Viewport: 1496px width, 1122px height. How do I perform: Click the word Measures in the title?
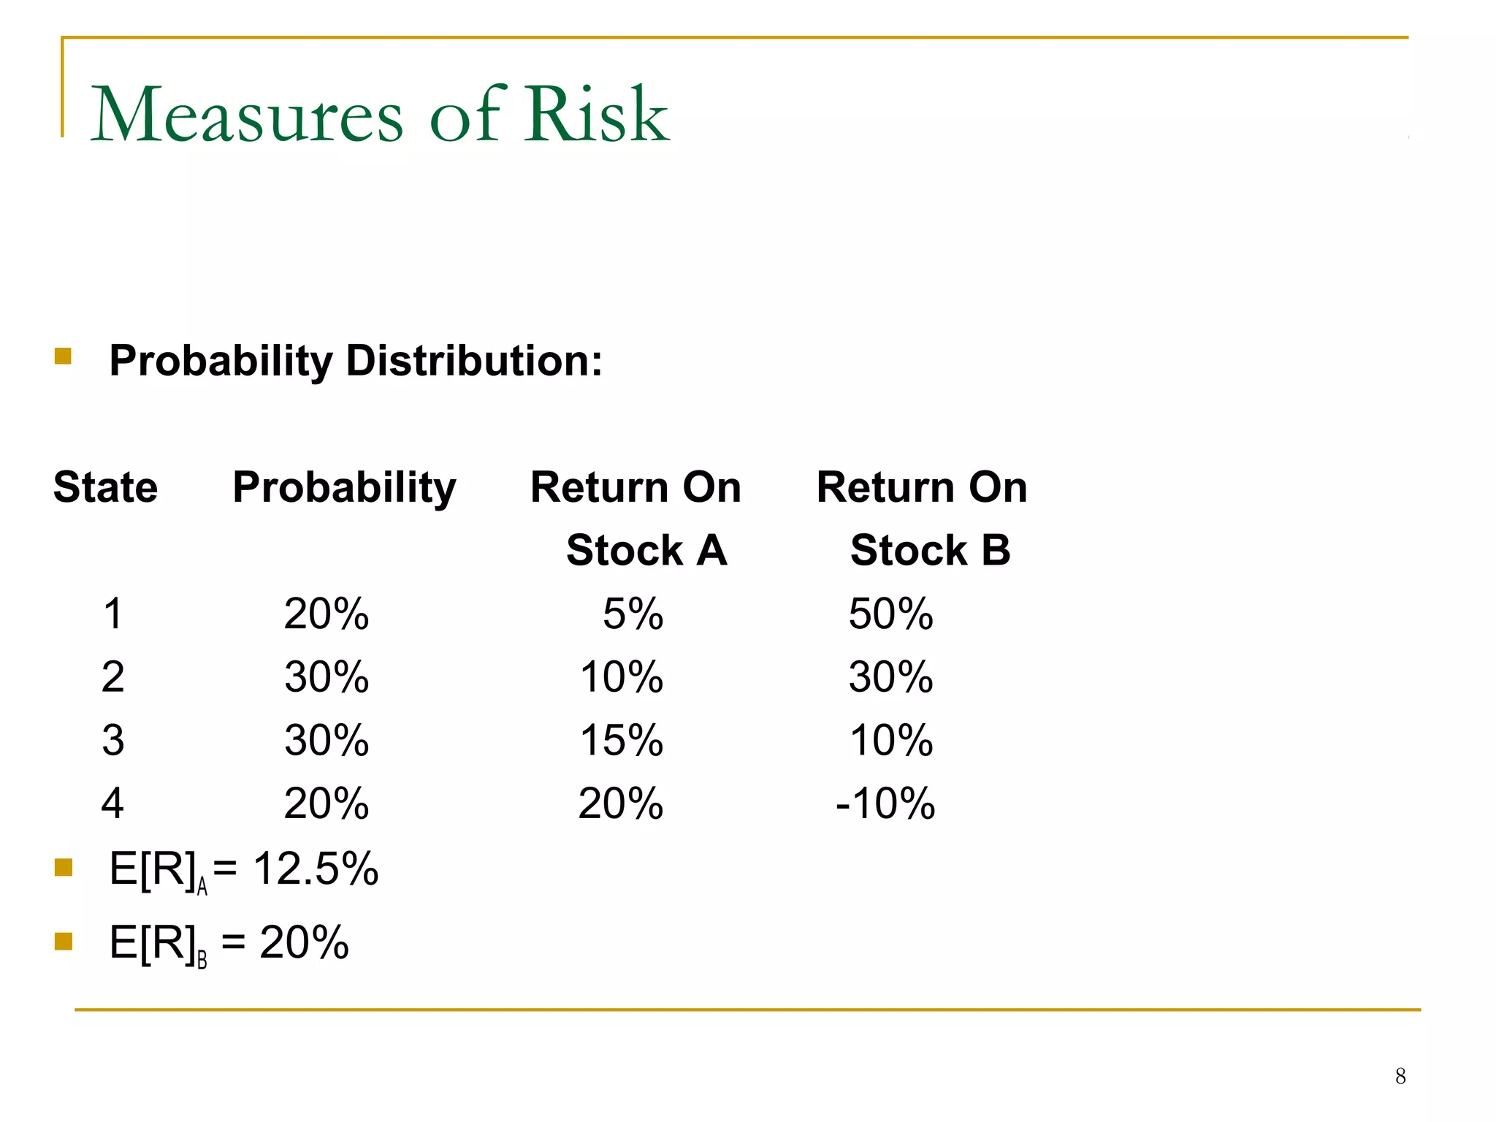click(247, 115)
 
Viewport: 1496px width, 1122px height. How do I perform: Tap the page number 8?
click(1400, 1076)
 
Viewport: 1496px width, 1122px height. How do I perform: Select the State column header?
click(105, 487)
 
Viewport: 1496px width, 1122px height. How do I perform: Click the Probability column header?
click(344, 487)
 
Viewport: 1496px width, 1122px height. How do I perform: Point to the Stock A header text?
click(646, 550)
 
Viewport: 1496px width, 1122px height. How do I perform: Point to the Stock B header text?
click(930, 550)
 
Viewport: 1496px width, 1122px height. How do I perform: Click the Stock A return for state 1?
click(633, 614)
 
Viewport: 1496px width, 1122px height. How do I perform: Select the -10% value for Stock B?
click(885, 804)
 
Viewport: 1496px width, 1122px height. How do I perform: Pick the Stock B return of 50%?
click(890, 614)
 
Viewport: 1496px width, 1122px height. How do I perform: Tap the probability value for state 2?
click(327, 677)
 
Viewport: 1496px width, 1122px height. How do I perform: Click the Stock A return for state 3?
click(621, 740)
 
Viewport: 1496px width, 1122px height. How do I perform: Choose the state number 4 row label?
click(112, 804)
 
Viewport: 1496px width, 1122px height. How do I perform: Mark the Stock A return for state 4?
click(620, 804)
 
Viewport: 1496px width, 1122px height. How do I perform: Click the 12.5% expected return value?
click(316, 869)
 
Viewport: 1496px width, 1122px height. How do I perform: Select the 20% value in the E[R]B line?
click(304, 942)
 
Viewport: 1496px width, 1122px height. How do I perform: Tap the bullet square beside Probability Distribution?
click(64, 356)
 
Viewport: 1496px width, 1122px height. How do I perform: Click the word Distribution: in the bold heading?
click(474, 361)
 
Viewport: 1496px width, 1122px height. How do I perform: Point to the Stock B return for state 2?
click(890, 677)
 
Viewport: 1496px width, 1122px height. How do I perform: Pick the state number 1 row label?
click(112, 614)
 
